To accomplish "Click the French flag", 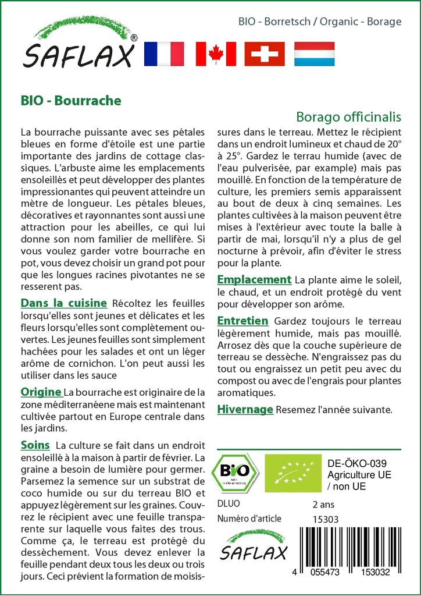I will pyautogui.click(x=163, y=54).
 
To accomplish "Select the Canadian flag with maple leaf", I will pyautogui.click(x=215, y=54).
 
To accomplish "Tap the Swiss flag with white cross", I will pyautogui.click(x=265, y=54).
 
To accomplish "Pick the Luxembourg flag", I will pyautogui.click(x=315, y=54).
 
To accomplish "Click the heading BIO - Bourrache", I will pyautogui.click(x=70, y=100).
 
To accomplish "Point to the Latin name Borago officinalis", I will pyautogui.click(x=348, y=116).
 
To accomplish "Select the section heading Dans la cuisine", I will pyautogui.click(x=63, y=303).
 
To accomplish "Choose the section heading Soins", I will pyautogui.click(x=35, y=445).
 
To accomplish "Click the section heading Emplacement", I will pyautogui.click(x=254, y=280).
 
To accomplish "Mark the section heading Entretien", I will pyautogui.click(x=242, y=321).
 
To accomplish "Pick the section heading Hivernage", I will pyautogui.click(x=245, y=409).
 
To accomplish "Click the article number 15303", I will pyautogui.click(x=326, y=519).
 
